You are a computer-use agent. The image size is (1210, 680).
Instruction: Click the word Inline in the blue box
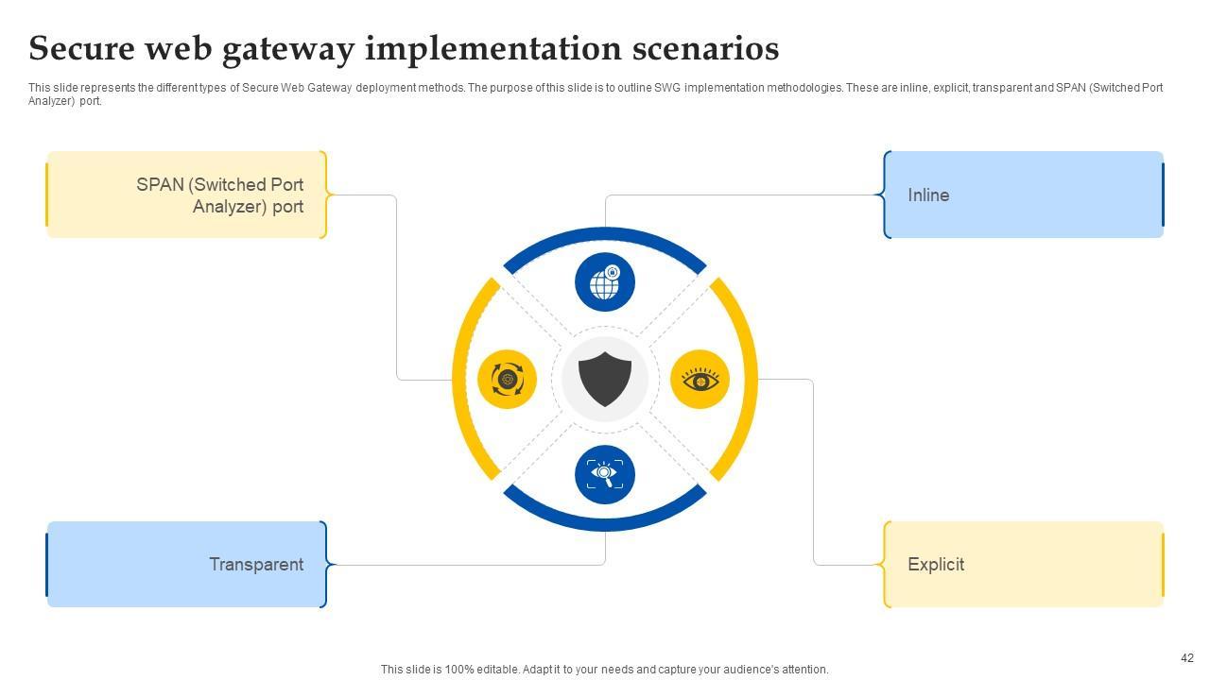(928, 195)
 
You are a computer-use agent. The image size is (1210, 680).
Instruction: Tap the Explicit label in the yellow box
(936, 565)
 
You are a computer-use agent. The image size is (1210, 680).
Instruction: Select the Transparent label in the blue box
(256, 565)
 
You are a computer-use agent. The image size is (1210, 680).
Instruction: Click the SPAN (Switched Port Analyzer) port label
(220, 195)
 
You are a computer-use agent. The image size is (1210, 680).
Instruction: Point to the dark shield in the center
(605, 379)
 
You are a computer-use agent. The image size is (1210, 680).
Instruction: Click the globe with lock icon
(605, 282)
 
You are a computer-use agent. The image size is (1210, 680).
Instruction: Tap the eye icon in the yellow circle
(700, 380)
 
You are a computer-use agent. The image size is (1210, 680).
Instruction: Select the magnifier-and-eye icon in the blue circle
(605, 474)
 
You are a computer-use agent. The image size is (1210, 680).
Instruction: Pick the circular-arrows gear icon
(508, 380)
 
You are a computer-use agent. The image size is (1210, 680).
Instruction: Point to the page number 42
(1187, 658)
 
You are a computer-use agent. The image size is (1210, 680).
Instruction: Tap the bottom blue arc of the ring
(605, 525)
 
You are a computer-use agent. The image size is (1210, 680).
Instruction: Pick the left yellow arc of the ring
(459, 379)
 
